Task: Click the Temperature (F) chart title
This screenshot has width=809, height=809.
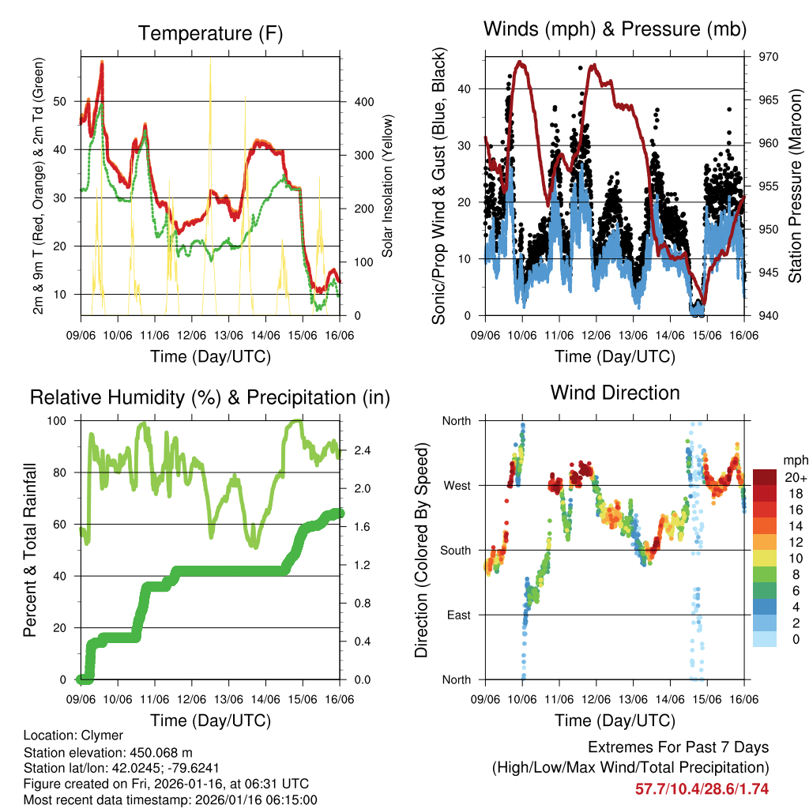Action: click(210, 33)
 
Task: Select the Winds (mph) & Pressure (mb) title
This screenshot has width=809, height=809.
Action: click(615, 29)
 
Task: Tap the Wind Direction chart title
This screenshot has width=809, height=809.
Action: click(615, 392)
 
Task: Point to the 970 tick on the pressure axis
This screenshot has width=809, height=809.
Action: click(769, 57)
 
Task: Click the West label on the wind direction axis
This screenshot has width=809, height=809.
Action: click(457, 485)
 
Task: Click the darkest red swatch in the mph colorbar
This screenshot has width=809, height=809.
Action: click(765, 476)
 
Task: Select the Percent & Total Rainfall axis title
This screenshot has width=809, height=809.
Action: click(29, 550)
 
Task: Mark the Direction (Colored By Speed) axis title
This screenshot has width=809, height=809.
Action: click(421, 550)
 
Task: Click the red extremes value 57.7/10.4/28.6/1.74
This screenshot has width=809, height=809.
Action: click(702, 789)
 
